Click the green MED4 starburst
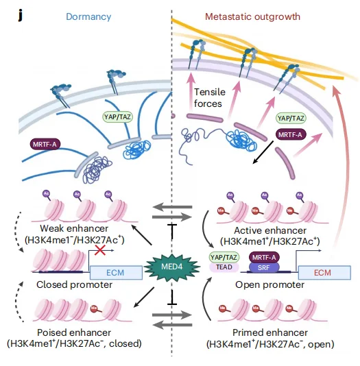pos(172,267)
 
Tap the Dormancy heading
pos(88,17)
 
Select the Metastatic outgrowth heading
pos(252,16)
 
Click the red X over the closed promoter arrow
pos(100,250)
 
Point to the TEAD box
pos(224,267)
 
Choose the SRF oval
pos(264,267)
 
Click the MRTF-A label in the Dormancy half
pos(45,144)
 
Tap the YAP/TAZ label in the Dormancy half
pos(117,117)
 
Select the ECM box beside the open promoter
pos(324,272)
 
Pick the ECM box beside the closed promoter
pos(116,272)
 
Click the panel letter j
pos(21,16)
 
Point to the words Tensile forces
pos(209,98)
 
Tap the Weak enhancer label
pos(74,228)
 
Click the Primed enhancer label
pos(270,332)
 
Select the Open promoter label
pos(269,284)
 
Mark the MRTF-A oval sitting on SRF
pos(264,257)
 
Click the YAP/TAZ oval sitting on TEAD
pos(224,257)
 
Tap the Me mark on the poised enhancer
pos(94,308)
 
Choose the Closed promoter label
pos(74,284)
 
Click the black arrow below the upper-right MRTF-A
pos(263,152)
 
